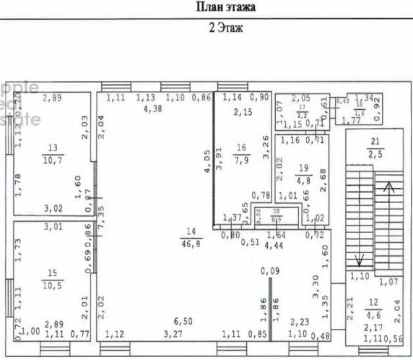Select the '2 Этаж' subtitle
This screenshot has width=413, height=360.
coord(226,30)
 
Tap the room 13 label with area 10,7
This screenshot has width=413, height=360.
coord(52,153)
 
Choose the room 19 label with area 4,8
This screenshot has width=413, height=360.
coord(303,173)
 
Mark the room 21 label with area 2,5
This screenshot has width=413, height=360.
coord(375,147)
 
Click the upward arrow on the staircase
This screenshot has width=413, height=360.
coord(391,189)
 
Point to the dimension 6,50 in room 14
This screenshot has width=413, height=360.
coord(183,320)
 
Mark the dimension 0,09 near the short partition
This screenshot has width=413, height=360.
coord(269,271)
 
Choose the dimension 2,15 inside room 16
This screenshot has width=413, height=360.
coord(242,112)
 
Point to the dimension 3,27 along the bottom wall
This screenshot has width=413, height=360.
coord(172,334)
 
